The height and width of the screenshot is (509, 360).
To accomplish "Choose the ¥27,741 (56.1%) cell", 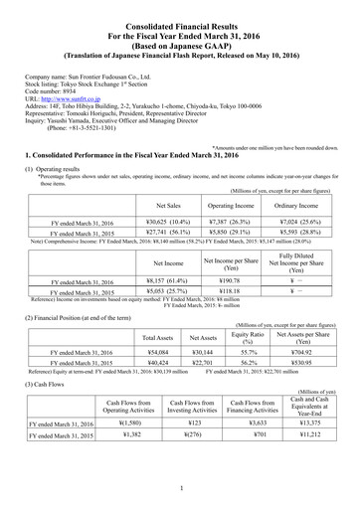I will (154, 235).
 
